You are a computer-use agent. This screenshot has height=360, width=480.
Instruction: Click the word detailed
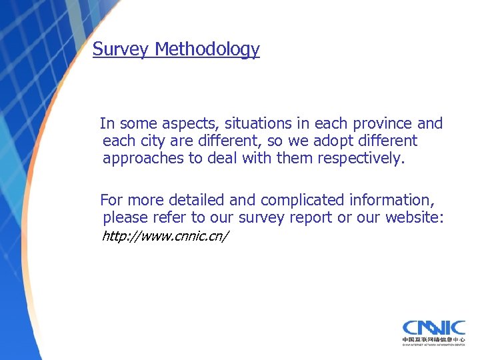click(x=195, y=200)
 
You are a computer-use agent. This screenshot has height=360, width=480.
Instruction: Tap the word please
click(x=125, y=218)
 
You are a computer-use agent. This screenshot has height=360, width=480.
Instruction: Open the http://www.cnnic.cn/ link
click(x=165, y=237)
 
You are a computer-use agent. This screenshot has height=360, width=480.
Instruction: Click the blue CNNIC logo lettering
click(x=433, y=328)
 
